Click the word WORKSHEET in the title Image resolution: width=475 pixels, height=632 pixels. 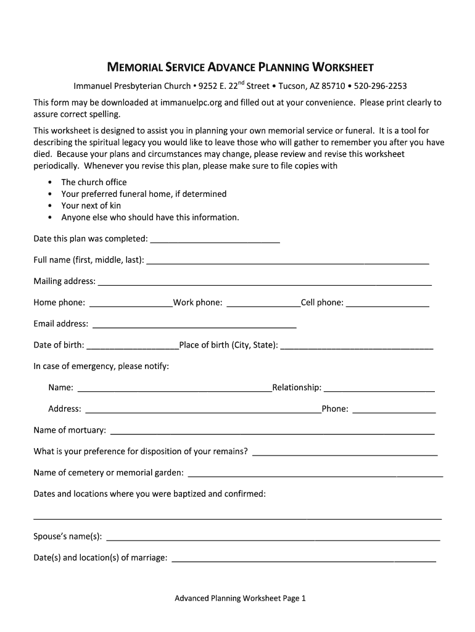(342, 67)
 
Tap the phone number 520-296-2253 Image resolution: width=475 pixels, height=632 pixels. (380, 86)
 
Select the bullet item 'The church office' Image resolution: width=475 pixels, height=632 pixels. (94, 182)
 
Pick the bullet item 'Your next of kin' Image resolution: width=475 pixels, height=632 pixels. (91, 206)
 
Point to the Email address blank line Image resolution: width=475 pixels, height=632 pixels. (194, 325)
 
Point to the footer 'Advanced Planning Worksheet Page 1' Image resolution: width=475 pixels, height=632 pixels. (240, 598)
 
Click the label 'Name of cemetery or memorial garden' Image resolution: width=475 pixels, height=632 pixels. (109, 473)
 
